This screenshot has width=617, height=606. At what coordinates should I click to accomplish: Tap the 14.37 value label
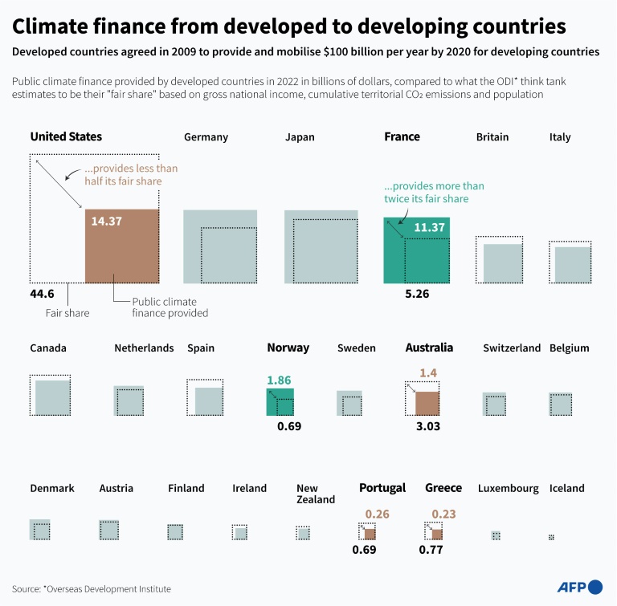[x=106, y=221]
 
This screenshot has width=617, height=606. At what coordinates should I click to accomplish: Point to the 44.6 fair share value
[x=43, y=294]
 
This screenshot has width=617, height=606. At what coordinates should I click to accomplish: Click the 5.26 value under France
[x=417, y=294]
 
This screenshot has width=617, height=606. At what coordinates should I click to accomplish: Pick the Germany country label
[x=206, y=137]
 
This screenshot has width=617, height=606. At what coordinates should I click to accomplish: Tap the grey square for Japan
[x=321, y=246]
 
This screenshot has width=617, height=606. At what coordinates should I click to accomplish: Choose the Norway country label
[x=288, y=348]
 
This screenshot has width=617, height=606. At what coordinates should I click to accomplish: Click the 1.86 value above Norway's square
[x=279, y=380]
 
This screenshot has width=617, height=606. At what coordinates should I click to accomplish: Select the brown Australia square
[x=427, y=403]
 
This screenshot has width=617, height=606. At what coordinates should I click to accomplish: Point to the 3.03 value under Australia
[x=427, y=426]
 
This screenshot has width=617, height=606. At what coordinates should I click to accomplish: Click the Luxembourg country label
[x=508, y=488]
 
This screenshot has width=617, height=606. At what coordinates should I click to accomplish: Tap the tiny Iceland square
[x=551, y=536]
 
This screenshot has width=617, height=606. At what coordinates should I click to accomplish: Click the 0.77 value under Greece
[x=431, y=550]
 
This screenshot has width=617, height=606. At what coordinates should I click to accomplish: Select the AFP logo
[x=579, y=587]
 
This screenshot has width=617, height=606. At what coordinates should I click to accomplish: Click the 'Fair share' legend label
[x=67, y=313]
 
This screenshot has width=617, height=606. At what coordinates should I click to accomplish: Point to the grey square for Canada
[x=52, y=397]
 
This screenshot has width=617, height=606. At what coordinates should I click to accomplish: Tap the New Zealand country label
[x=315, y=494]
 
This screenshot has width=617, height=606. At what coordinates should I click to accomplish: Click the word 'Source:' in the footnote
[x=27, y=588]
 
